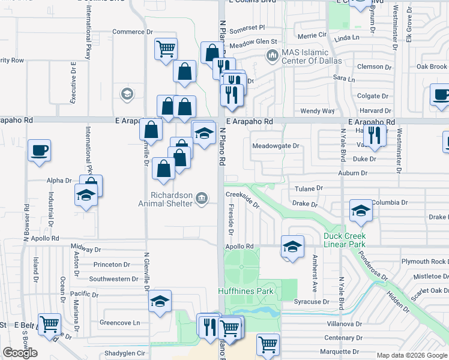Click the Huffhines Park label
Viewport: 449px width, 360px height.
pyautogui.click(x=246, y=292)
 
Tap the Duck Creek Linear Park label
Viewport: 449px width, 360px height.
pyautogui.click(x=345, y=240)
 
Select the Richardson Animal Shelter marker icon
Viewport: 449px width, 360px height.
pyautogui.click(x=202, y=197)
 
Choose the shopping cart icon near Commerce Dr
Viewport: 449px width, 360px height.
pyautogui.click(x=166, y=48)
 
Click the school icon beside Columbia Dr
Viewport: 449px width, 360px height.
pyautogui.click(x=361, y=210)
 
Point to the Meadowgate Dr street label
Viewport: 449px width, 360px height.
pyautogui.click(x=276, y=146)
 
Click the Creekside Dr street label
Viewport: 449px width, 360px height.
pyautogui.click(x=243, y=199)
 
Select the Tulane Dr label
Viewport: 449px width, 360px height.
pyautogui.click(x=309, y=188)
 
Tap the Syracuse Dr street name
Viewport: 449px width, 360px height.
pyautogui.click(x=312, y=301)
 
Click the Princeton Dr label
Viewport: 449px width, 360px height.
pyautogui.click(x=112, y=265)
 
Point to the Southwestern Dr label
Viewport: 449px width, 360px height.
pyautogui.click(x=113, y=279)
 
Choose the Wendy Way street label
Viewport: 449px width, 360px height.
pyautogui.click(x=317, y=111)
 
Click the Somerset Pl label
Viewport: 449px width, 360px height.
pyautogui.click(x=247, y=28)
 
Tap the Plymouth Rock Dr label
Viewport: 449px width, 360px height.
pyautogui.click(x=424, y=262)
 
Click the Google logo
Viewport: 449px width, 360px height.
pyautogui.click(x=20, y=353)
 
